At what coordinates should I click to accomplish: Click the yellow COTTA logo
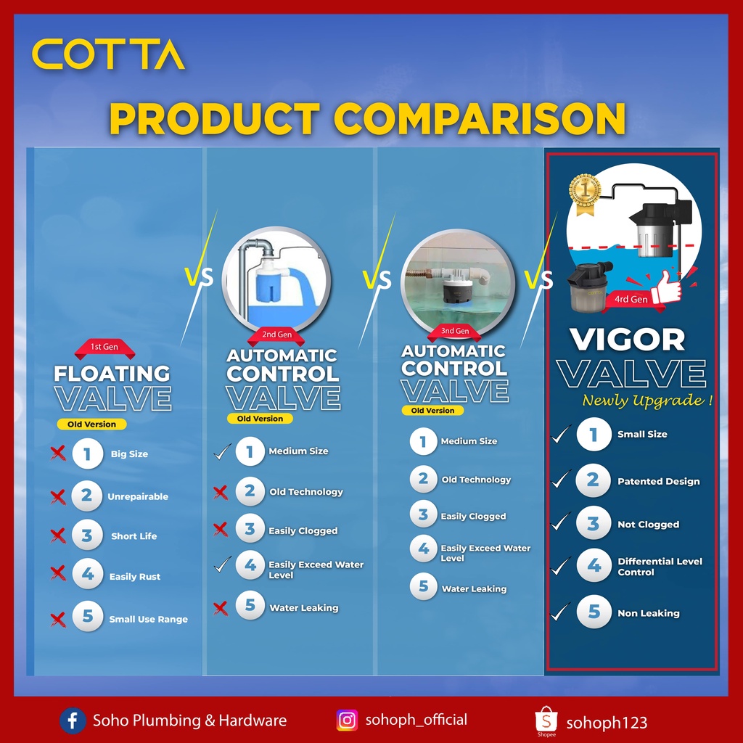(108, 54)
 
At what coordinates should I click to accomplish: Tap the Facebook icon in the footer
(73, 721)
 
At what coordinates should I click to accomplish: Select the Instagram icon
(347, 721)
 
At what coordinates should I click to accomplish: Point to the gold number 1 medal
(586, 193)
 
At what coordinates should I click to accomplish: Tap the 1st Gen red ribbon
(104, 348)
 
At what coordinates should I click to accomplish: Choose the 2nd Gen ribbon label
(276, 335)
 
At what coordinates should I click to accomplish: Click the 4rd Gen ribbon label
(631, 300)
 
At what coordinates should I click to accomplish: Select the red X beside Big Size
(58, 453)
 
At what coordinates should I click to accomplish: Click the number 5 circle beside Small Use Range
(88, 616)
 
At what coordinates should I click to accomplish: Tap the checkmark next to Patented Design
(561, 479)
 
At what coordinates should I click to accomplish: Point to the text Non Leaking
(648, 613)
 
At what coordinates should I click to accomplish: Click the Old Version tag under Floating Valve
(91, 424)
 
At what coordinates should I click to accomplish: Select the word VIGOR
(628, 340)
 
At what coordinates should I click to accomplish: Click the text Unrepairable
(138, 496)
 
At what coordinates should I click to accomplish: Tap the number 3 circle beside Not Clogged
(594, 523)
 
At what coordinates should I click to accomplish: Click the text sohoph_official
(416, 721)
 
